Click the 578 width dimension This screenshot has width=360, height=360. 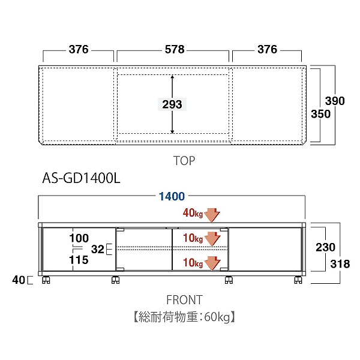[x=173, y=49]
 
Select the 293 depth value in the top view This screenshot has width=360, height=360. [x=172, y=104]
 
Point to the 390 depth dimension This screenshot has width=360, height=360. [x=335, y=101]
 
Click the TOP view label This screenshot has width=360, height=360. [x=185, y=161]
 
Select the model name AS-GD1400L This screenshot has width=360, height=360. [x=82, y=179]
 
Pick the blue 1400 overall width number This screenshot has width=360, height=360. [x=172, y=196]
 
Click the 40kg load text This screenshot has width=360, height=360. [x=193, y=212]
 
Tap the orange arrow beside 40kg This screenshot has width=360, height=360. [x=213, y=214]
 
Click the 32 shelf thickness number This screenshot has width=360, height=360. [x=97, y=248]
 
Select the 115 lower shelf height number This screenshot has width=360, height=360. [x=79, y=260]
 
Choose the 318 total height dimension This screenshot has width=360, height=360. [x=341, y=263]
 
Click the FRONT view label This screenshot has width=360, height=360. [x=184, y=300]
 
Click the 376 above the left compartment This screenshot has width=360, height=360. [x=79, y=49]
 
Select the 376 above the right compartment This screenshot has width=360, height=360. [x=267, y=49]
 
